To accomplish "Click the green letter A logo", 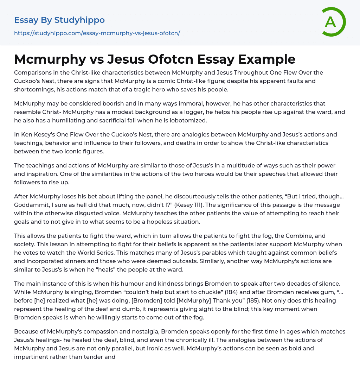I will point(333,22).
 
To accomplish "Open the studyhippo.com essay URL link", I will point(97,33).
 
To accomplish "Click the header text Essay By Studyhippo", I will point(59,20).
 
